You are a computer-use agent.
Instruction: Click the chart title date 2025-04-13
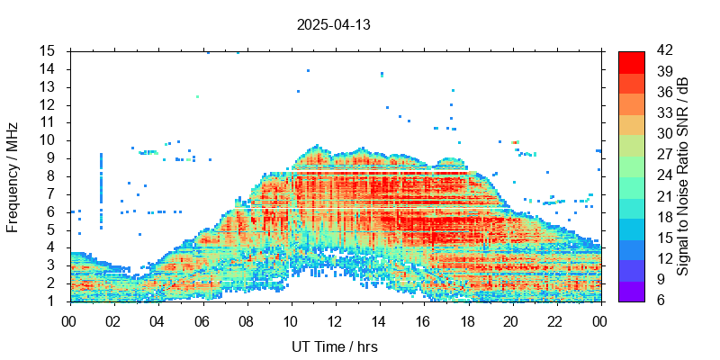(333, 25)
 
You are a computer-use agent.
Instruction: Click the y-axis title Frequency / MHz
(13, 175)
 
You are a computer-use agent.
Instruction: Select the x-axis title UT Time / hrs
(335, 346)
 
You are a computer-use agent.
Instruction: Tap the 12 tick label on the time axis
(335, 319)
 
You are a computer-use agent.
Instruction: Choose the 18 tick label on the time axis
(467, 319)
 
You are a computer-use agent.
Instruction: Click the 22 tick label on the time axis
(555, 319)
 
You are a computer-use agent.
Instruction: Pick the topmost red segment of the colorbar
(632, 61)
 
